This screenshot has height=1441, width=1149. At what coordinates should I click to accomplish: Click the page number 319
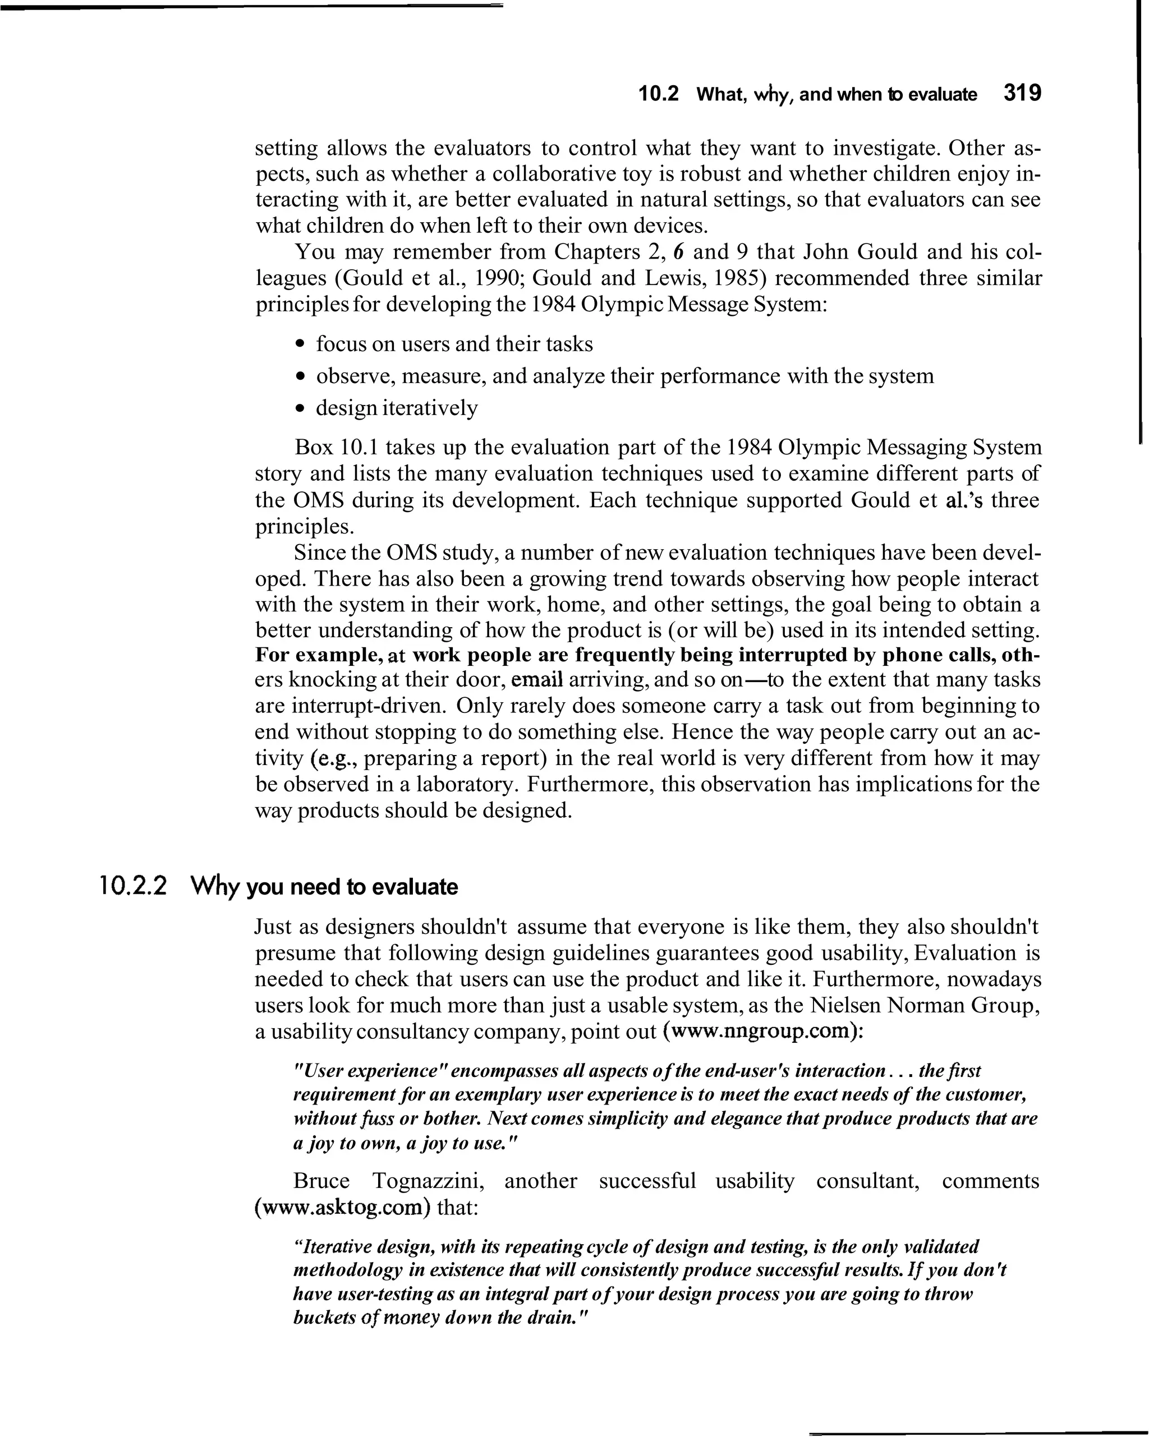[x=1022, y=93]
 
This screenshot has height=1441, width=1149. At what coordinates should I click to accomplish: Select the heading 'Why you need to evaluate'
[x=324, y=887]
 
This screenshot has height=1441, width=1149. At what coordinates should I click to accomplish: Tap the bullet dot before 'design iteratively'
[x=301, y=408]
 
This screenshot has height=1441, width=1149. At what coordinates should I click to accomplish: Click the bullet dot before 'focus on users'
[x=301, y=345]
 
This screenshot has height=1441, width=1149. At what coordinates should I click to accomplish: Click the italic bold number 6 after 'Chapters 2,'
[x=678, y=252]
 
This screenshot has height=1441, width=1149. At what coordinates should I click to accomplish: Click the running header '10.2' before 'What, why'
[x=659, y=94]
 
